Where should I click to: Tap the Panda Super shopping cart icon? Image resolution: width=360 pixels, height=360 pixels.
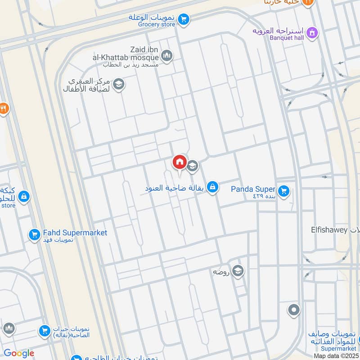click(x=283, y=191)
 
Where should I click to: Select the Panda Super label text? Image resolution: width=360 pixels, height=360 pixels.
click(x=253, y=189)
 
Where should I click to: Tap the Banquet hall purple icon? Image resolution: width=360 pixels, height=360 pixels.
click(x=311, y=32)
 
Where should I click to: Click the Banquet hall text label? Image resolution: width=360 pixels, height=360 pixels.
click(x=287, y=37)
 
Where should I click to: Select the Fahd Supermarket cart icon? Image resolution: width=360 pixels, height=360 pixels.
click(x=34, y=234)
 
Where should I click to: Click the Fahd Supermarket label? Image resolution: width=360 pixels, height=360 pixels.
click(x=75, y=233)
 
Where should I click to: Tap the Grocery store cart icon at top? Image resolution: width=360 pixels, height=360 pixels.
click(x=183, y=19)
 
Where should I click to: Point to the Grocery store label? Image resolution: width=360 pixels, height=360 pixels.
click(x=157, y=24)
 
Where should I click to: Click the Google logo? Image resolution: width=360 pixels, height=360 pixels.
click(x=19, y=353)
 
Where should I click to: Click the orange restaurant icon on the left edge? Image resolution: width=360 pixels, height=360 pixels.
click(x=3, y=108)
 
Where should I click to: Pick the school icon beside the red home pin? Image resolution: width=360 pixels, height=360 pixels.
click(x=193, y=166)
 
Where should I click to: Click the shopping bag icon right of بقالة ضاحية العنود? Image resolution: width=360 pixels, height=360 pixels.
click(x=213, y=187)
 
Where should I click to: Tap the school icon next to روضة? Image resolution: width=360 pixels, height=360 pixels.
click(x=238, y=271)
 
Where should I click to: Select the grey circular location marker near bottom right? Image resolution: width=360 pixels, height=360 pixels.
click(x=294, y=310)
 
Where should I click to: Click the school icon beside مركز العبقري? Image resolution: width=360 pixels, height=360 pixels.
click(x=119, y=84)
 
